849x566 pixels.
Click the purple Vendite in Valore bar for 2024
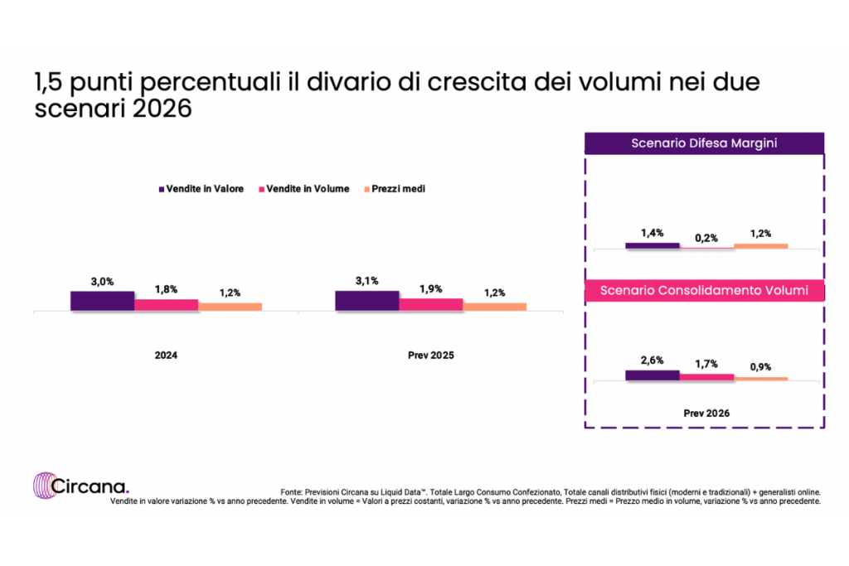102,301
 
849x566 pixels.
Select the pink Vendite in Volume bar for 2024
166,305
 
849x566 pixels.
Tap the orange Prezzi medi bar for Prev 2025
494,307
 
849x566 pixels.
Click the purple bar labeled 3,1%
366,301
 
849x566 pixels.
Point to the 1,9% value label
430,288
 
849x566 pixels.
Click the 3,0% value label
102,282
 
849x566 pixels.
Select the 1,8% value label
166,289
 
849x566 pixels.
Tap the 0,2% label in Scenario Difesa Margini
706,238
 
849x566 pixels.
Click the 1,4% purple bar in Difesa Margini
653,245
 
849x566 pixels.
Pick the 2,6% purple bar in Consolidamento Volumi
653,375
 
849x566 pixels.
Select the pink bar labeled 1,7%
706,377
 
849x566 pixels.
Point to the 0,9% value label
760,367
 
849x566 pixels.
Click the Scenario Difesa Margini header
704,143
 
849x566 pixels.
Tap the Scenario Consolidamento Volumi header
704,291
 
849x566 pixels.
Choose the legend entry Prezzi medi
395,189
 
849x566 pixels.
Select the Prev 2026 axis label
706,412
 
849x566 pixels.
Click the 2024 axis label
166,355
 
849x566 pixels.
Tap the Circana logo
80,486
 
